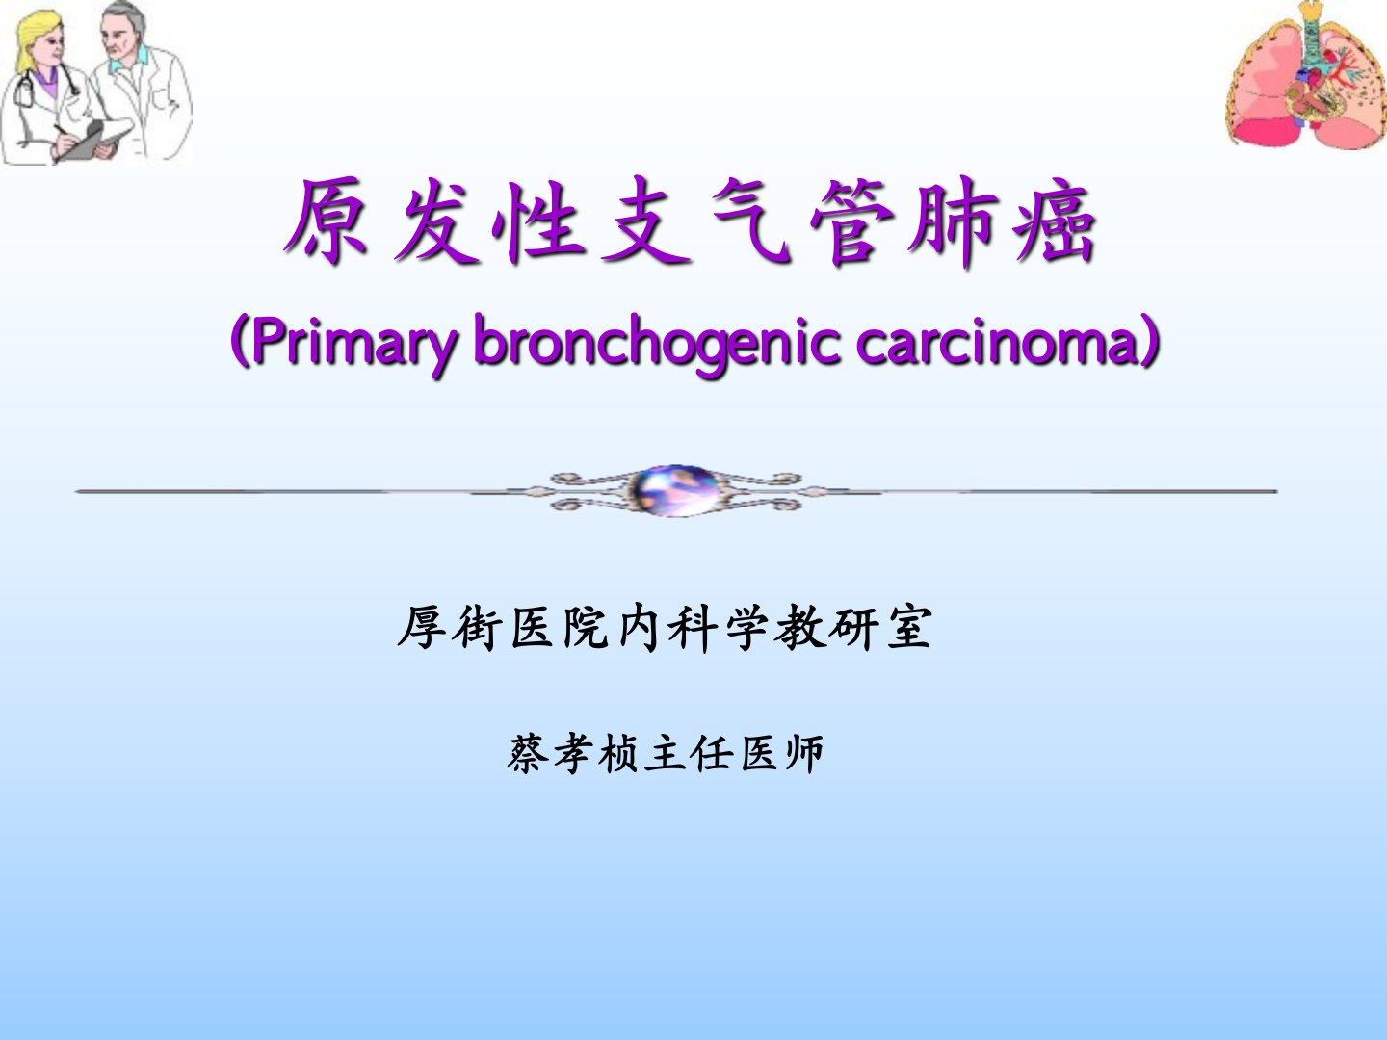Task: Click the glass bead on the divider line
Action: pos(675,491)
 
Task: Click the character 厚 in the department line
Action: pos(422,627)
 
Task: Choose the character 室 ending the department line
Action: pos(909,627)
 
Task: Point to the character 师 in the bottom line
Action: pos(803,753)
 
